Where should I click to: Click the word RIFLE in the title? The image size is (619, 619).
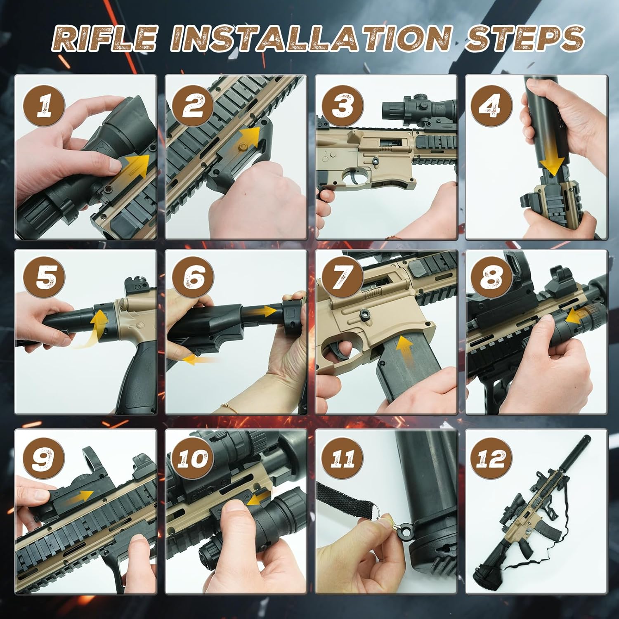point(106,39)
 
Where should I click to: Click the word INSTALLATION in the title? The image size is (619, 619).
point(313,39)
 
